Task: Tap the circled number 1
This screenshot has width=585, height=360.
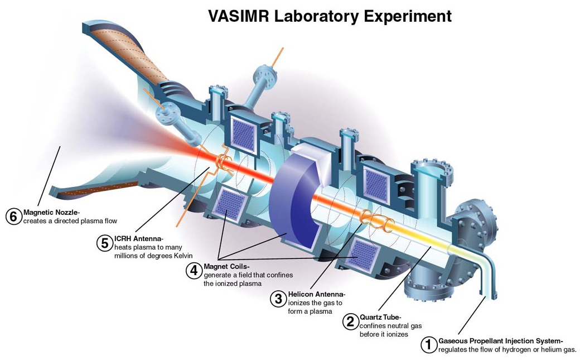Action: point(429,345)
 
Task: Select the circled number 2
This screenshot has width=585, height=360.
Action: point(350,321)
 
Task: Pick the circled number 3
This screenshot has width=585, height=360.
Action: point(278,299)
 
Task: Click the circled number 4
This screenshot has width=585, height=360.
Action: point(194,271)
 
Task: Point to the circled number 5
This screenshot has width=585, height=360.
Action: point(104,243)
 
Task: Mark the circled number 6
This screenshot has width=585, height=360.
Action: point(13,217)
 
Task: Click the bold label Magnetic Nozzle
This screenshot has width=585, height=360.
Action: point(52,212)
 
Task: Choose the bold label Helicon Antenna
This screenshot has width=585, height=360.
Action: point(317,294)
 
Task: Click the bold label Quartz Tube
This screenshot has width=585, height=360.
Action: point(380,317)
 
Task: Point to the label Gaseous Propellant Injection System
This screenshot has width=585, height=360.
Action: point(501,341)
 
